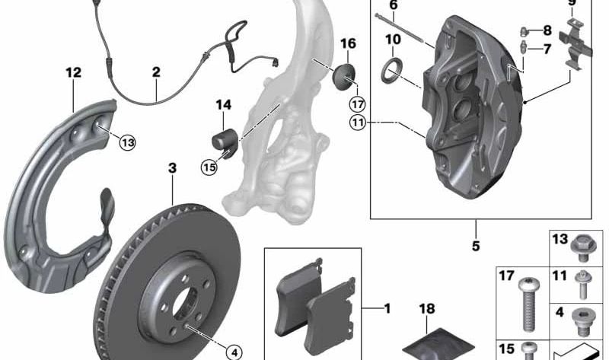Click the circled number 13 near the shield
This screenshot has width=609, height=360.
point(127,142)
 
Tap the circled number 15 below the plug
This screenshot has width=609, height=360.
point(209,167)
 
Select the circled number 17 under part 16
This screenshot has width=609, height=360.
point(357,104)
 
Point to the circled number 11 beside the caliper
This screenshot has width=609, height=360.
point(358,123)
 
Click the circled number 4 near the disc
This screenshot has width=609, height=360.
point(234,352)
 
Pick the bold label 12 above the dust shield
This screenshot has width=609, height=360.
point(74,72)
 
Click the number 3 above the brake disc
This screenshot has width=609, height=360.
point(173,168)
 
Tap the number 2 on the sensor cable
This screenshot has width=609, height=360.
point(156,72)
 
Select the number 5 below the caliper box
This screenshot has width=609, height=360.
point(476,246)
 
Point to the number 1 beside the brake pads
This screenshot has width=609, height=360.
point(387,309)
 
